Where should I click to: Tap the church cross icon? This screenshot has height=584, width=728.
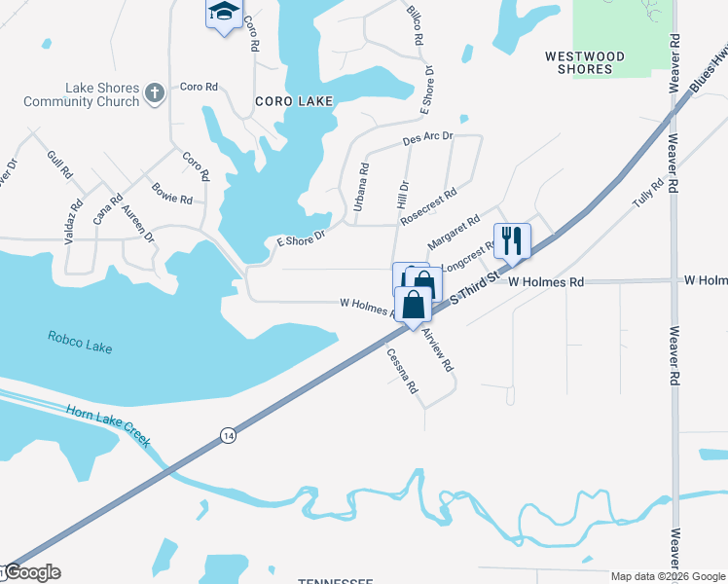154,93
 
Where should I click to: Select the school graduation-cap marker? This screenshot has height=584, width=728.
224,14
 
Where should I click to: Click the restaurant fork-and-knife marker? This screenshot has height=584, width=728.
512,239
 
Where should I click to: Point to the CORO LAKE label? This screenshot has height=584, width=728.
294,101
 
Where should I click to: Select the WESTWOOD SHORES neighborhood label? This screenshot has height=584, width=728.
585,63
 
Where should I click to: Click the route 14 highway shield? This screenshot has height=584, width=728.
227,434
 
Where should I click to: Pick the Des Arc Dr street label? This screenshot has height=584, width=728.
428,140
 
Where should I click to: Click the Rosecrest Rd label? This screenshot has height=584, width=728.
428,207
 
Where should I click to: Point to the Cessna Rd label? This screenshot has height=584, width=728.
402,371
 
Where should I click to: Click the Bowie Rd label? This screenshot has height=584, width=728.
171,193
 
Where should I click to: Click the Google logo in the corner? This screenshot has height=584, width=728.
31,572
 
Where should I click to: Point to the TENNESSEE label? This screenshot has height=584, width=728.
335,580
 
